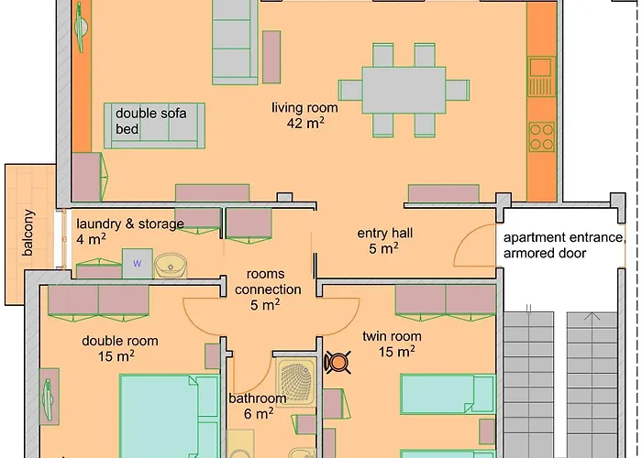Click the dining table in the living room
coord(404,90)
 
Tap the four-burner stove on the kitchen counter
coord(541,137)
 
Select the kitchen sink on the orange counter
coord(541,76)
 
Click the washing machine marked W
coord(138,264)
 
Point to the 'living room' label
coord(305,107)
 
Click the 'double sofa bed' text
coord(150,121)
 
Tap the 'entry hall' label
coord(385,233)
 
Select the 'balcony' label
coord(28,233)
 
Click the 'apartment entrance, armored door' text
coord(564,245)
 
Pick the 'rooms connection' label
coord(268,281)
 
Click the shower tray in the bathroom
coord(296,382)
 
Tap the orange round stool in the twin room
coord(338,362)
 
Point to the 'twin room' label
coord(392,336)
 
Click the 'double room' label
coord(120,341)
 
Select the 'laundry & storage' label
coord(130,224)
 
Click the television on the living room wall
coord(81,27)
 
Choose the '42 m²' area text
coord(305,123)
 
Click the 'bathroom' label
coord(257,398)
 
